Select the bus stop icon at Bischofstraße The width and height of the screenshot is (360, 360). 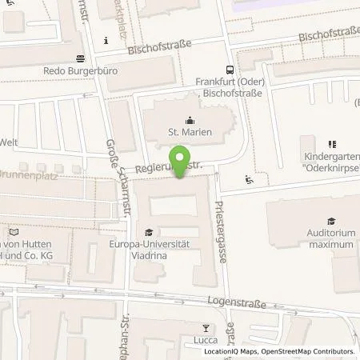pos(230,69)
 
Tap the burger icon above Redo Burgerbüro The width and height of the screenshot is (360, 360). pos(80,58)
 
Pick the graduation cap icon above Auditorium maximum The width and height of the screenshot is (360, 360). pos(330,221)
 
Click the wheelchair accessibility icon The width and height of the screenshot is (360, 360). pos(250,178)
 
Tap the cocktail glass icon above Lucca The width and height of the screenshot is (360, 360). pos(206,328)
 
